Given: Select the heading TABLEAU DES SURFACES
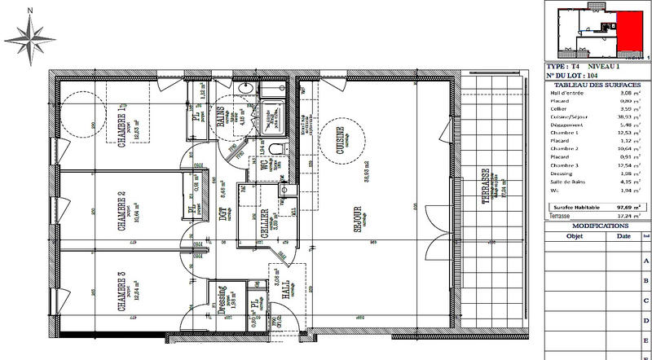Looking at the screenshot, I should (x=597, y=85).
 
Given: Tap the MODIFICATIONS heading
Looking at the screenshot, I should (x=597, y=226).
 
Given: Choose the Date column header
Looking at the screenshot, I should (x=623, y=236).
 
